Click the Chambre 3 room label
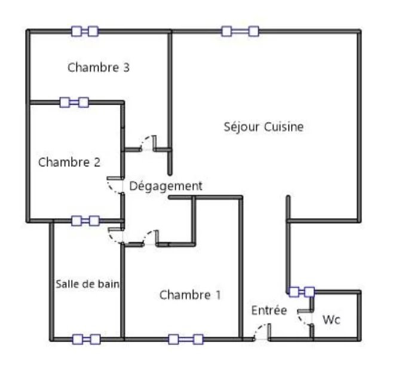[x=99, y=68]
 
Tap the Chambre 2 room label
[x=69, y=162]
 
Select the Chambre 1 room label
[x=190, y=295]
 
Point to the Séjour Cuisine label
[x=263, y=127]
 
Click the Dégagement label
[x=165, y=186]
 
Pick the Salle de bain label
[x=88, y=284]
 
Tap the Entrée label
[x=269, y=310]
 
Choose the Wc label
[x=332, y=320]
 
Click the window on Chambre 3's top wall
[x=85, y=31]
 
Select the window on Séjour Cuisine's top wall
[x=240, y=31]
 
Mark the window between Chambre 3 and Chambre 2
[x=74, y=102]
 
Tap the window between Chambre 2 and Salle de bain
[x=85, y=221]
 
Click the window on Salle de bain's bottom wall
[x=87, y=339]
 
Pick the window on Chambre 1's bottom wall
[x=186, y=339]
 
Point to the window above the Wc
[x=302, y=292]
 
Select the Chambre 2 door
[x=115, y=185]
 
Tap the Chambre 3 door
[x=148, y=144]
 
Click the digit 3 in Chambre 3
[x=126, y=68]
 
